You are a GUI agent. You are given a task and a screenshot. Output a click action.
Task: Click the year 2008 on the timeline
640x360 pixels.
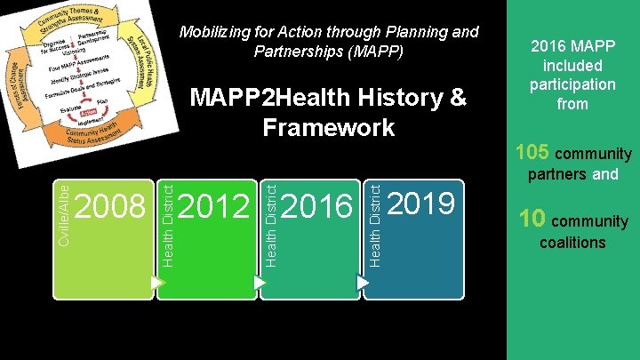110,206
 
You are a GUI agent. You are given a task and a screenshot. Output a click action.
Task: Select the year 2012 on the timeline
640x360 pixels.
214,206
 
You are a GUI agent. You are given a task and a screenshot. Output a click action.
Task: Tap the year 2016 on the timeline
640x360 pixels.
316,206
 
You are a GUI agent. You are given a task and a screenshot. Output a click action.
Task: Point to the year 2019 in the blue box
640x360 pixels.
421,204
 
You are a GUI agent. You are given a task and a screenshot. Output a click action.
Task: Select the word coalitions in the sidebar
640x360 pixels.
572,243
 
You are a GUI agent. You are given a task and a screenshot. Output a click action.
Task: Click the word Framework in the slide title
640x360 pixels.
328,128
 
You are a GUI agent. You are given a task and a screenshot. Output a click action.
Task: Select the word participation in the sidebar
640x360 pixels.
572,84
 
